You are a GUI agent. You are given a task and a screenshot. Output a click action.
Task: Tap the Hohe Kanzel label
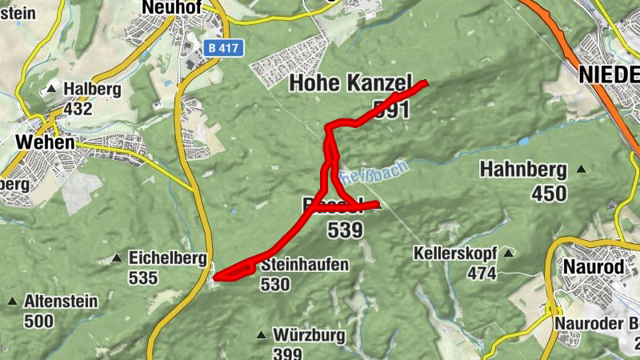(350, 82)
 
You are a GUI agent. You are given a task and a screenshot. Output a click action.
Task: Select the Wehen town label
(44, 142)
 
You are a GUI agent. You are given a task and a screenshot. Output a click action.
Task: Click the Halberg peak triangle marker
(52, 89)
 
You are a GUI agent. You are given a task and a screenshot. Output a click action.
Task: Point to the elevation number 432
(78, 108)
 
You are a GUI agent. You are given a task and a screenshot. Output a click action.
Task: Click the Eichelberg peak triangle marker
(117, 258)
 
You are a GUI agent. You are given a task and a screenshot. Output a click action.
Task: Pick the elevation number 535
(143, 278)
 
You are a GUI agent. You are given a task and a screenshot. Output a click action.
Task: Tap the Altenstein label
(61, 302)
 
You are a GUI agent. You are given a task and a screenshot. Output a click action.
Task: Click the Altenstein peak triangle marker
(12, 302)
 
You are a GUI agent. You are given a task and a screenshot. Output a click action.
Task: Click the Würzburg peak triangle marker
(261, 334)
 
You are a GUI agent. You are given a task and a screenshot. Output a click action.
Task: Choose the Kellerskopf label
(455, 254)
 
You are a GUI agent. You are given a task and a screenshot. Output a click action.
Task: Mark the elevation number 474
(482, 274)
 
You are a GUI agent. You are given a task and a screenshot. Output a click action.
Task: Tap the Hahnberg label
(523, 170)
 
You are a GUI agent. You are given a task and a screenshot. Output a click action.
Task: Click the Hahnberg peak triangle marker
(581, 170)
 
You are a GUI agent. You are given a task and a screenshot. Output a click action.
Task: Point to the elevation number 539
(345, 230)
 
